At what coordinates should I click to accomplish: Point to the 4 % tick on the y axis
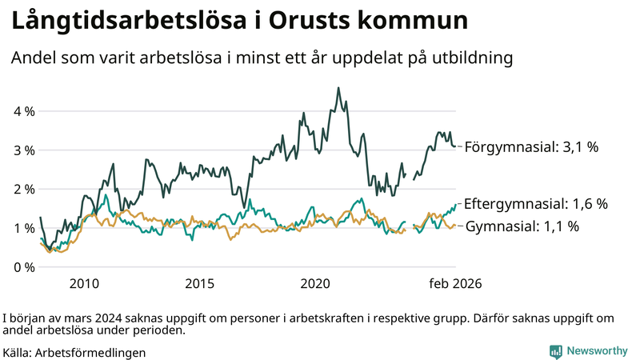coord(24,111)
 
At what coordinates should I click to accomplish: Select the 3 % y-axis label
coord(24,150)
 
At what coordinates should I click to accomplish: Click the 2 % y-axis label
coord(24,190)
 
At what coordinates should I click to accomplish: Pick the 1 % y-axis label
coord(24,228)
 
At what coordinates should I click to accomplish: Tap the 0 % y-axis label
coord(24,267)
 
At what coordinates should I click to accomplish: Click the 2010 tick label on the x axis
coord(84,284)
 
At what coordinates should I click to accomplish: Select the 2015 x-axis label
coord(200,284)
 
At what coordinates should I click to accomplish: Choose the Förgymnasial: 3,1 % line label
coord(531,147)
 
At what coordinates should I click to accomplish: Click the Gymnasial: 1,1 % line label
coord(522,226)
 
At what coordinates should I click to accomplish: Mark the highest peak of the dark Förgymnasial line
coord(338,88)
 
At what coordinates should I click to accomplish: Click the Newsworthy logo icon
coord(555,351)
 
